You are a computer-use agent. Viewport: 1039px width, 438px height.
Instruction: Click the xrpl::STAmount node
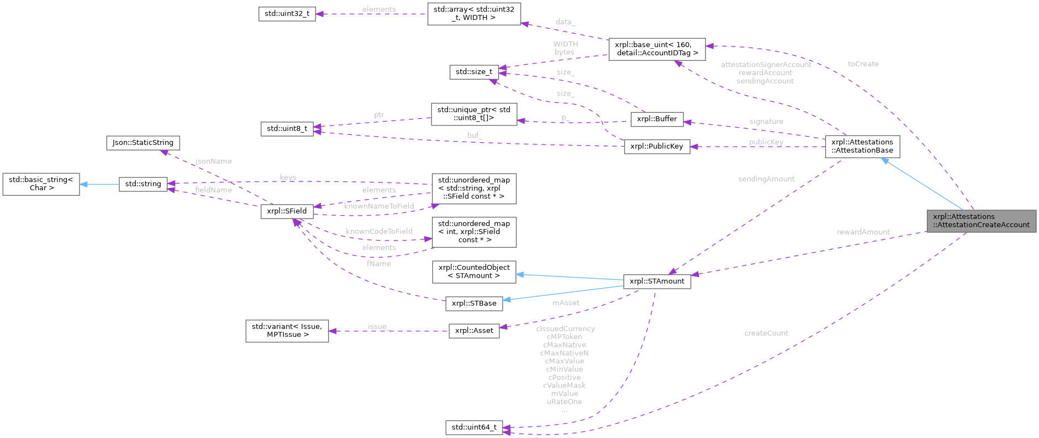[x=657, y=281]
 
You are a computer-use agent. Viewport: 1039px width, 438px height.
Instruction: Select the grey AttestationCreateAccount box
[x=981, y=221]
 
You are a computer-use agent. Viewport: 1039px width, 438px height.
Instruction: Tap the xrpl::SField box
[x=287, y=211]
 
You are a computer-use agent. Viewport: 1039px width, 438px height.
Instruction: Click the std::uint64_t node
[x=474, y=427]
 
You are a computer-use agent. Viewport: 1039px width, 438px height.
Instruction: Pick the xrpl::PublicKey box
[x=657, y=147]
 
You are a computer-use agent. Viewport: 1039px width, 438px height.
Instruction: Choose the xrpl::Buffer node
[x=657, y=119]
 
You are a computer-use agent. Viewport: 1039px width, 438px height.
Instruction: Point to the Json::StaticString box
[x=143, y=143]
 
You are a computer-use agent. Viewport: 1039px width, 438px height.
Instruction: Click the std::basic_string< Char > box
[x=41, y=184]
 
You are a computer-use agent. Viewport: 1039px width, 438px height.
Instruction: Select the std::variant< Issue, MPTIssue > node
[x=287, y=331]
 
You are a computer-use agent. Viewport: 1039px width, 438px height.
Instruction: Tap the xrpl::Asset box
[x=474, y=331]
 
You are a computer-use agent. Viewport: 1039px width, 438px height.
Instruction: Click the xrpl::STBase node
[x=474, y=303]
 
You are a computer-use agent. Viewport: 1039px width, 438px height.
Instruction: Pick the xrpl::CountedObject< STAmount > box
[x=474, y=272]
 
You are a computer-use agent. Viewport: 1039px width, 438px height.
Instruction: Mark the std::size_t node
[x=474, y=72]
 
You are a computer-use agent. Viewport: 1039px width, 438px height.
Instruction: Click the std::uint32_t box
[x=287, y=14]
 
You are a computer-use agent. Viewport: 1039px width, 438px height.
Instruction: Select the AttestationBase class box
[x=862, y=146]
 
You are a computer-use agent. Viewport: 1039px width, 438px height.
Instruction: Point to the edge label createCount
[x=766, y=333]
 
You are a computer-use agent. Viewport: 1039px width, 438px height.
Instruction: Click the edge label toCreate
[x=863, y=64]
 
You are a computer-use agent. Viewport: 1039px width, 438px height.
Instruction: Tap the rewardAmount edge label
[x=863, y=232]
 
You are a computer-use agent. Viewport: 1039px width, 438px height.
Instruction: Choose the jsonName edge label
[x=214, y=161]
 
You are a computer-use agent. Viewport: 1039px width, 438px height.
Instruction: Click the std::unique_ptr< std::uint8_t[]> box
[x=474, y=114]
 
